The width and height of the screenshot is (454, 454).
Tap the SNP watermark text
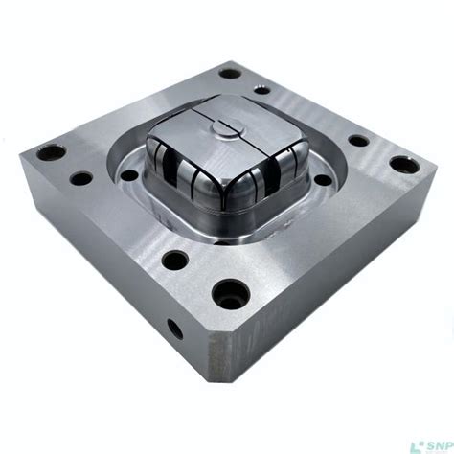[436, 443]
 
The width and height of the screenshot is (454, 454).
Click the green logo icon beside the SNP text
[417, 443]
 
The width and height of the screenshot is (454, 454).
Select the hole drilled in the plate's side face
[175, 329]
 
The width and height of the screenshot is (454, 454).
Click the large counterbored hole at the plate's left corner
[51, 151]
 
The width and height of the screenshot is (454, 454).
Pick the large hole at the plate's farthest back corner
[230, 72]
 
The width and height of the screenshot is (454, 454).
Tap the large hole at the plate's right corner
[405, 164]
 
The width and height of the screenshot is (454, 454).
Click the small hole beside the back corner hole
[261, 89]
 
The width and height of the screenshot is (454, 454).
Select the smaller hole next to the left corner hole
[81, 177]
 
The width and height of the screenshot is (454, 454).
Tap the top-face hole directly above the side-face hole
[174, 259]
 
